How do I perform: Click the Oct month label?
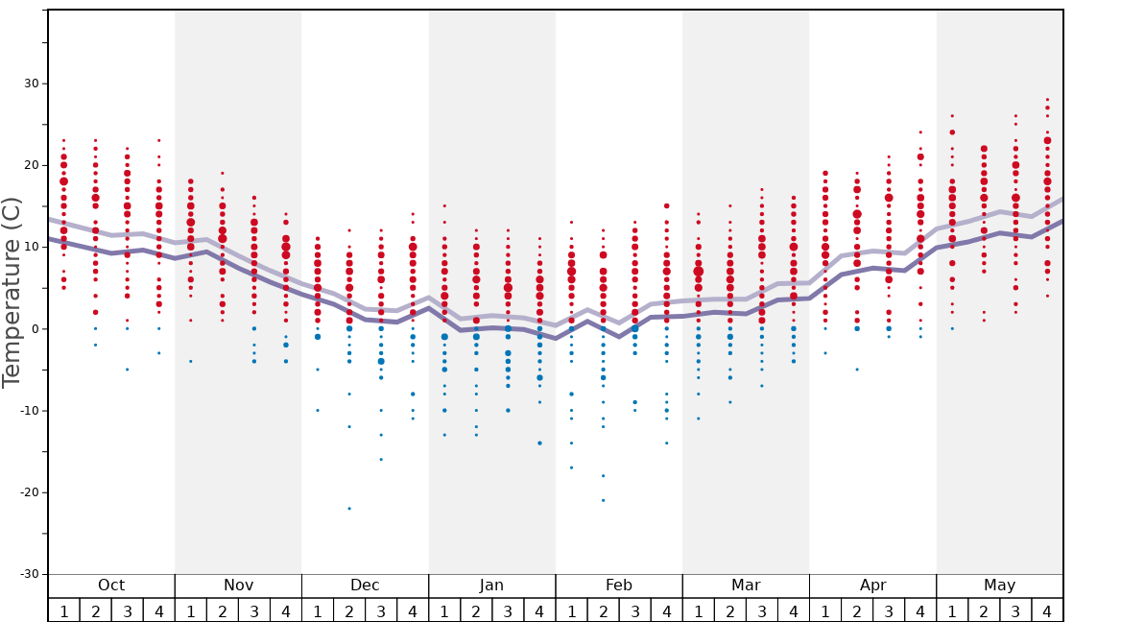tap(111, 586)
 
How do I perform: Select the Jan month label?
tap(491, 586)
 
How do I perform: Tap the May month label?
tap(999, 586)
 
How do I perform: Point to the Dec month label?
tap(365, 586)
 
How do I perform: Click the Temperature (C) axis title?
tap(12, 292)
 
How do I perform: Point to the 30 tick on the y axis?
tap(33, 84)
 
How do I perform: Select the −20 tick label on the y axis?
tap(30, 492)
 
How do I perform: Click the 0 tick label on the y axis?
tap(36, 329)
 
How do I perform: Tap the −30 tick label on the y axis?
tap(30, 574)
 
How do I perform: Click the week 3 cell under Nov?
tap(254, 610)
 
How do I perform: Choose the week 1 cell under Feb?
tap(571, 610)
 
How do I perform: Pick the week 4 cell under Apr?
tap(920, 610)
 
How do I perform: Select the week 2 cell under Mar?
tap(729, 610)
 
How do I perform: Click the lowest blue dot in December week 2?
tap(349, 509)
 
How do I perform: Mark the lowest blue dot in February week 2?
tap(603, 500)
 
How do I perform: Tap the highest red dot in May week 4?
tap(1047, 99)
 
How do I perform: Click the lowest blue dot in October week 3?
tap(127, 370)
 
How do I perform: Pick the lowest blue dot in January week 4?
tap(539, 443)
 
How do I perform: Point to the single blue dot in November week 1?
tap(190, 361)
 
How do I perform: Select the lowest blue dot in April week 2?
tap(857, 370)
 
